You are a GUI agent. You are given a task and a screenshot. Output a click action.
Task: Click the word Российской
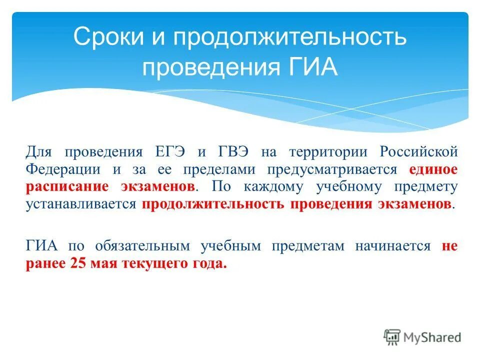coord(418,151)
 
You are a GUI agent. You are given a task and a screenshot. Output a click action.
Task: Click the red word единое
coord(433,169)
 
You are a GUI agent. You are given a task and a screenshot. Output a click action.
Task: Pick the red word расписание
coord(67,187)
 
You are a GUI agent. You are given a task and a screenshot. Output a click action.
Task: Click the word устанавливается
coord(80,205)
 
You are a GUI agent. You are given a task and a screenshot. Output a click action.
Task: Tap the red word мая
coord(103,264)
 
